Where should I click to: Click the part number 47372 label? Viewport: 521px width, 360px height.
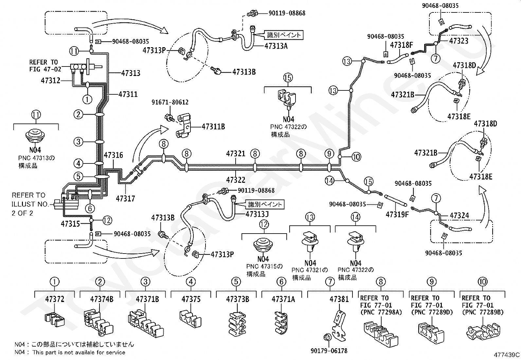(55, 299)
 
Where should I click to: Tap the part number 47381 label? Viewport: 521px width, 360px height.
(339, 299)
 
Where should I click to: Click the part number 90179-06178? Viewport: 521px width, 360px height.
(329, 351)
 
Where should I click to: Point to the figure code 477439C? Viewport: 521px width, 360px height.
(507, 354)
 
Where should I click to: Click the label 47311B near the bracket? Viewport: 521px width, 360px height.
(213, 127)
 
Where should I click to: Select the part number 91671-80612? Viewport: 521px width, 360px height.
(170, 102)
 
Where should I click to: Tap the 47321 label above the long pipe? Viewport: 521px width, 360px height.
(236, 154)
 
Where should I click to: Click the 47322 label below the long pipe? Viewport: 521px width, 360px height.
(236, 180)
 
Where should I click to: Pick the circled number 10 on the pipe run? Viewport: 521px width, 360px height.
(356, 157)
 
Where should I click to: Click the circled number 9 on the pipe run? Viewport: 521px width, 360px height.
(329, 154)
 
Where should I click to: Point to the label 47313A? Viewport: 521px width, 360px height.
(276, 46)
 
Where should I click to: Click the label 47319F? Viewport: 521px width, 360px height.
(397, 215)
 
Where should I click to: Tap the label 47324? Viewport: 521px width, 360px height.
(459, 216)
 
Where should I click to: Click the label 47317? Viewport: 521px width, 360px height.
(125, 199)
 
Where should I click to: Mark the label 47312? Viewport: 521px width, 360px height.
(51, 80)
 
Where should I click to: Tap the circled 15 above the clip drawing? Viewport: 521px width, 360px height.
(288, 78)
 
